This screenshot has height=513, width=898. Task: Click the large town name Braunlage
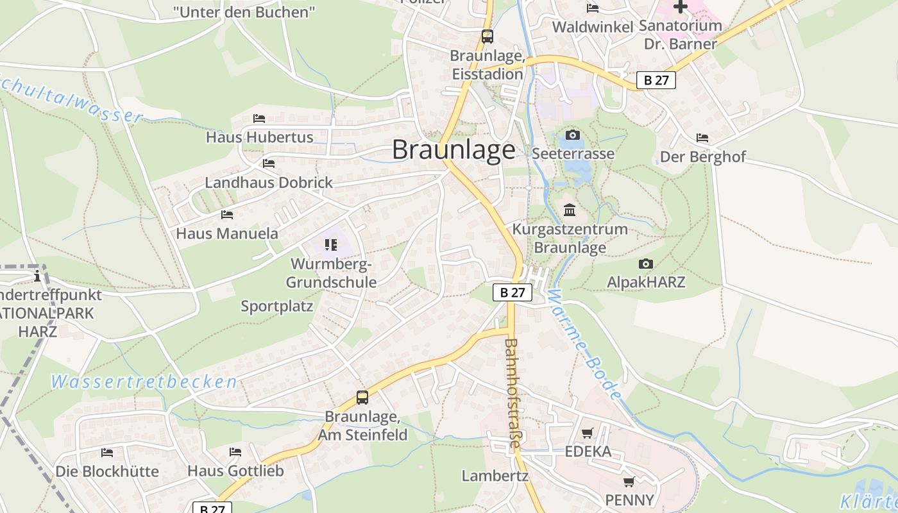click(x=453, y=150)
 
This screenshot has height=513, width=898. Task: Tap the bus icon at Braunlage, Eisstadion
click(x=487, y=37)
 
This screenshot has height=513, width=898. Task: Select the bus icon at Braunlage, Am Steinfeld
click(x=362, y=398)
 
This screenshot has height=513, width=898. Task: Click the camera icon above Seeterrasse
click(x=573, y=135)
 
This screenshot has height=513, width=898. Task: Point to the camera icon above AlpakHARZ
click(x=646, y=264)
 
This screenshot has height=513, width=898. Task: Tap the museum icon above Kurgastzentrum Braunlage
click(x=570, y=210)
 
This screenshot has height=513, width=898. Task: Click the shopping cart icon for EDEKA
click(x=588, y=433)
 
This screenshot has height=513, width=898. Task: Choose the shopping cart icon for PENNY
click(x=629, y=482)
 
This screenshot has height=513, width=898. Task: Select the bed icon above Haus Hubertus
click(x=259, y=119)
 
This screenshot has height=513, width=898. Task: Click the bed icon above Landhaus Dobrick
click(x=269, y=164)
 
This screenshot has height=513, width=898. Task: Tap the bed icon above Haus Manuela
click(x=227, y=215)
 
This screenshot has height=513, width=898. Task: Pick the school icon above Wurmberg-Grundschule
click(x=331, y=244)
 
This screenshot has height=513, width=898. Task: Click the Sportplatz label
click(x=277, y=306)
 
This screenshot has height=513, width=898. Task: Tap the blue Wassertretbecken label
click(x=144, y=382)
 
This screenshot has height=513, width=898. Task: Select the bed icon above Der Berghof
click(x=702, y=138)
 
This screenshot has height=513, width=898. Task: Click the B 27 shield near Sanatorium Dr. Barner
click(x=656, y=80)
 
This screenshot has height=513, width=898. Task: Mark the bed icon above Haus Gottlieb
click(x=235, y=452)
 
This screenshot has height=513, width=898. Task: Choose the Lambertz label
click(x=495, y=476)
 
